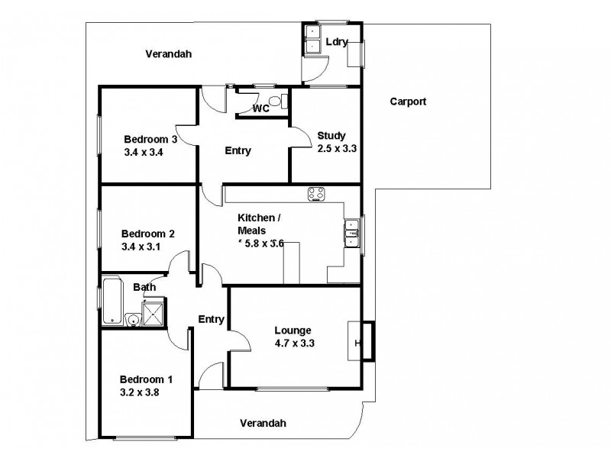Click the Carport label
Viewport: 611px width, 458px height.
(408, 101)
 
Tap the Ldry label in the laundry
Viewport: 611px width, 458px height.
(337, 42)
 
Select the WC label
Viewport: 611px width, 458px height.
(261, 108)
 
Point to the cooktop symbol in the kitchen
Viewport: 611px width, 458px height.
(317, 194)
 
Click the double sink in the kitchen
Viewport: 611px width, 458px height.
(351, 234)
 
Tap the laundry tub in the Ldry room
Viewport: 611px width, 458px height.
(312, 40)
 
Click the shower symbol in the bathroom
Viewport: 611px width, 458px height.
(154, 314)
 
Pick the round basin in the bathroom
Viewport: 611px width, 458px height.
(131, 321)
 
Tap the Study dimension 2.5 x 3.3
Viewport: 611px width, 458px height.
(337, 148)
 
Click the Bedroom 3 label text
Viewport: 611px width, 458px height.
(150, 139)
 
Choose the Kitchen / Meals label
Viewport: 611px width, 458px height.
(259, 224)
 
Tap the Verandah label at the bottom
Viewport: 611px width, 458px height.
(262, 423)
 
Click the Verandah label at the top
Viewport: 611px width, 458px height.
(168, 54)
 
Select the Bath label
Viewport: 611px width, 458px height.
(144, 287)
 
